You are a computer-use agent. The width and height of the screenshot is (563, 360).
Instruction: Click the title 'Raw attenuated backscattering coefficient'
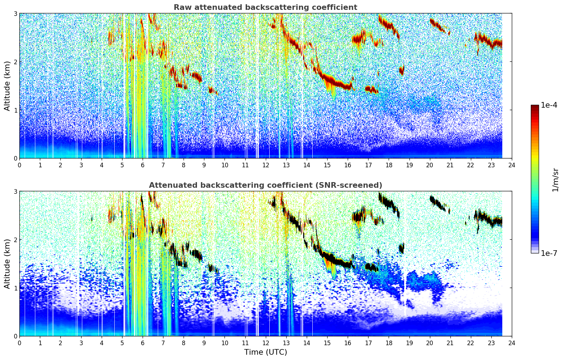tap(265, 7)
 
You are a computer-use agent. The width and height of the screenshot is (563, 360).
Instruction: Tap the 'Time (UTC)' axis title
tap(265, 352)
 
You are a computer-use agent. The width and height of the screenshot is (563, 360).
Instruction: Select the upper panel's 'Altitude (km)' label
tap(7, 86)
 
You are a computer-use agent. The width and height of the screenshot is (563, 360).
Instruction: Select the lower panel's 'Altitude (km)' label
tap(7, 264)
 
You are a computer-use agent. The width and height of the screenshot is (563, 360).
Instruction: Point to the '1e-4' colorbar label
tap(549, 105)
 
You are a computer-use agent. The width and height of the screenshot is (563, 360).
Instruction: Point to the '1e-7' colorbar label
tap(549, 253)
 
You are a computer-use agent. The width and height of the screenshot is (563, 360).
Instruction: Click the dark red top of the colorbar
tap(535, 106)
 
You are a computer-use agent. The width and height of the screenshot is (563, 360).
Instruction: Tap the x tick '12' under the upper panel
tap(266, 165)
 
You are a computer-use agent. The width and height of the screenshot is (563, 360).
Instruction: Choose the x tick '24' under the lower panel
tap(512, 343)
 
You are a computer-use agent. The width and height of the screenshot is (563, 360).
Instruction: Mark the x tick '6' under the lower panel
tap(143, 343)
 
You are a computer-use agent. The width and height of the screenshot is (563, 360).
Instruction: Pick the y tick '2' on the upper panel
tap(15, 62)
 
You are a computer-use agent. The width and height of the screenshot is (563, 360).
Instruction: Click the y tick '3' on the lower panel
tap(15, 191)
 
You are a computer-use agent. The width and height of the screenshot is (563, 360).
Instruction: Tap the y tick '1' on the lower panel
tap(15, 288)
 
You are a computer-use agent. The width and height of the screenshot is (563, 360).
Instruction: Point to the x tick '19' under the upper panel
tap(409, 165)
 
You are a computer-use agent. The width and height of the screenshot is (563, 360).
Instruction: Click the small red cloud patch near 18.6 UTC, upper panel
tap(402, 70)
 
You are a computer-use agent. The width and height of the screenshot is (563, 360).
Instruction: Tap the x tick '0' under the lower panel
tap(20, 343)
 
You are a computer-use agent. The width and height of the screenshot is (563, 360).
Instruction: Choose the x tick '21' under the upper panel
tap(450, 165)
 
